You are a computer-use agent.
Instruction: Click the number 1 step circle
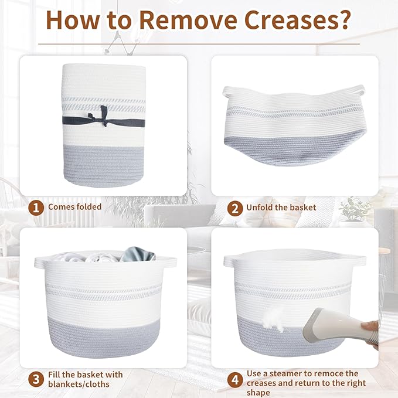coord(36,208)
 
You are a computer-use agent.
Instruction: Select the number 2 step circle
coord(235,209)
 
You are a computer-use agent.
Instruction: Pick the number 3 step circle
coord(36,379)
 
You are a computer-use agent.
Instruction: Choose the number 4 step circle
coord(235,380)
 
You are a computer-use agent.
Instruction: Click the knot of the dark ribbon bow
coord(104,120)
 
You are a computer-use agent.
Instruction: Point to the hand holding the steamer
coord(371,332)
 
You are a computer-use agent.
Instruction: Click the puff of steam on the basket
coord(273,319)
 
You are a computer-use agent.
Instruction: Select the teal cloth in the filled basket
coord(138,254)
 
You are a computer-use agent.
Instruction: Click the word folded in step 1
coord(89,206)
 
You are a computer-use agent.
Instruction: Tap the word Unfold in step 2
coord(259,207)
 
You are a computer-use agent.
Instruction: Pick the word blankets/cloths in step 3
coord(79,385)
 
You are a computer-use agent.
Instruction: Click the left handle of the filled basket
coord(40,262)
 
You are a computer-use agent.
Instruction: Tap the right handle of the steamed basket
coord(359,260)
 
